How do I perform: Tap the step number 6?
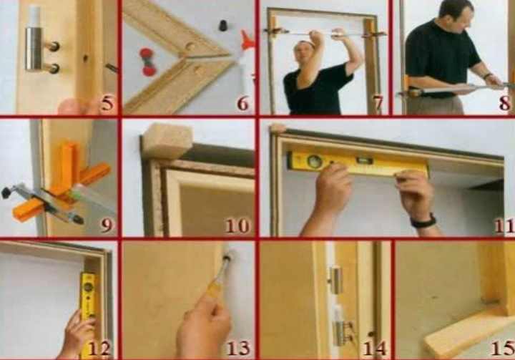coord(242,103)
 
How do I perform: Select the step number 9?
coord(107,225)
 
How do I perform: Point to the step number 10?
coord(237,225)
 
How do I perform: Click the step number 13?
coord(239,348)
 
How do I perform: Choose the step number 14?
coord(375,348)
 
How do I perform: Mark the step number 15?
coord(503,348)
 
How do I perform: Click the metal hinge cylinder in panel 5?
coord(34,49)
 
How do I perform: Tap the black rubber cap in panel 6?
coord(223,25)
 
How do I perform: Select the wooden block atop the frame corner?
coord(167,140)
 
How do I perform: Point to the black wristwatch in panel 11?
coord(423,222)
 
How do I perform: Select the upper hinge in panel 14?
coord(335,280)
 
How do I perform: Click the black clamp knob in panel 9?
coord(6,193)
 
